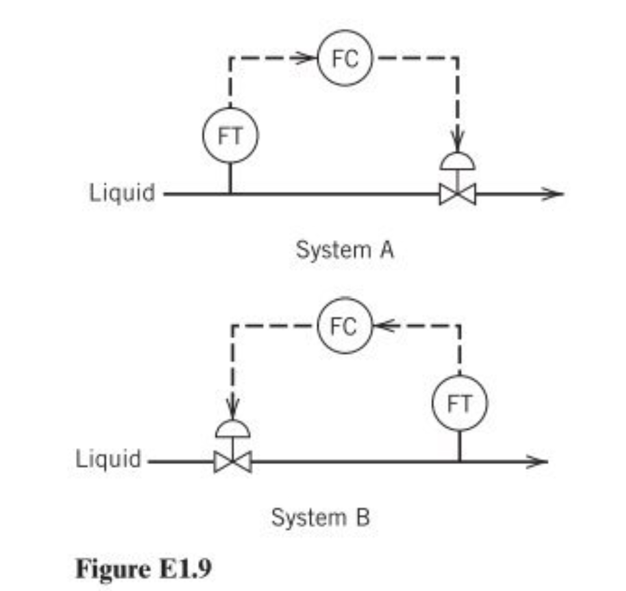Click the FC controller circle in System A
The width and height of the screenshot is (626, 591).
(345, 59)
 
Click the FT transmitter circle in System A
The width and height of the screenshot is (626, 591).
(230, 136)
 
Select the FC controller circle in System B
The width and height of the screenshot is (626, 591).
(345, 325)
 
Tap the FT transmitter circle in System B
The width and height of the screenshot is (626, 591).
(460, 403)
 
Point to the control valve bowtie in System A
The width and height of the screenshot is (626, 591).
(457, 194)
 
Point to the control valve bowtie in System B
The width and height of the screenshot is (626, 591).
(233, 461)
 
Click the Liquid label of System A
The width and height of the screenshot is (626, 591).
(122, 194)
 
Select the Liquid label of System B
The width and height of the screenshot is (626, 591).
(108, 459)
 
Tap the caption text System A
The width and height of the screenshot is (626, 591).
(345, 251)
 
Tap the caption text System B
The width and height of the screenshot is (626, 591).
(321, 517)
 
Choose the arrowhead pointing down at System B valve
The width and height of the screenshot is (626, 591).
(233, 411)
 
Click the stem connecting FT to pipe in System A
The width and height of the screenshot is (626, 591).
(230, 178)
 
